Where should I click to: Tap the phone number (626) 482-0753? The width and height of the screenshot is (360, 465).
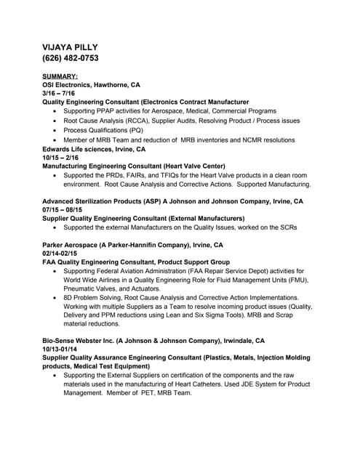71,58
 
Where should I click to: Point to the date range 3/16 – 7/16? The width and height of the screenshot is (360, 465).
60,94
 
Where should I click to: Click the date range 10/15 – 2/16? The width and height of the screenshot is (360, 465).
62,158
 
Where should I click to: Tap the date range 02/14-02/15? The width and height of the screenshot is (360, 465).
63,253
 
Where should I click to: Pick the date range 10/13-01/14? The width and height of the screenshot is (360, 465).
63,349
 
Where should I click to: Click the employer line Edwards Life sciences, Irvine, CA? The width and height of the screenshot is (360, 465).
95,149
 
